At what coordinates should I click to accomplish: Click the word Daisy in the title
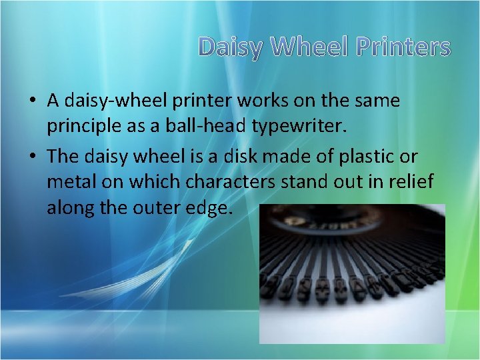coord(231,47)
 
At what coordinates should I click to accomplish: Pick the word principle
coord(81,127)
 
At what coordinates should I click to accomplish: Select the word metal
coord(69,183)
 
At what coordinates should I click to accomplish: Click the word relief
coord(411,183)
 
